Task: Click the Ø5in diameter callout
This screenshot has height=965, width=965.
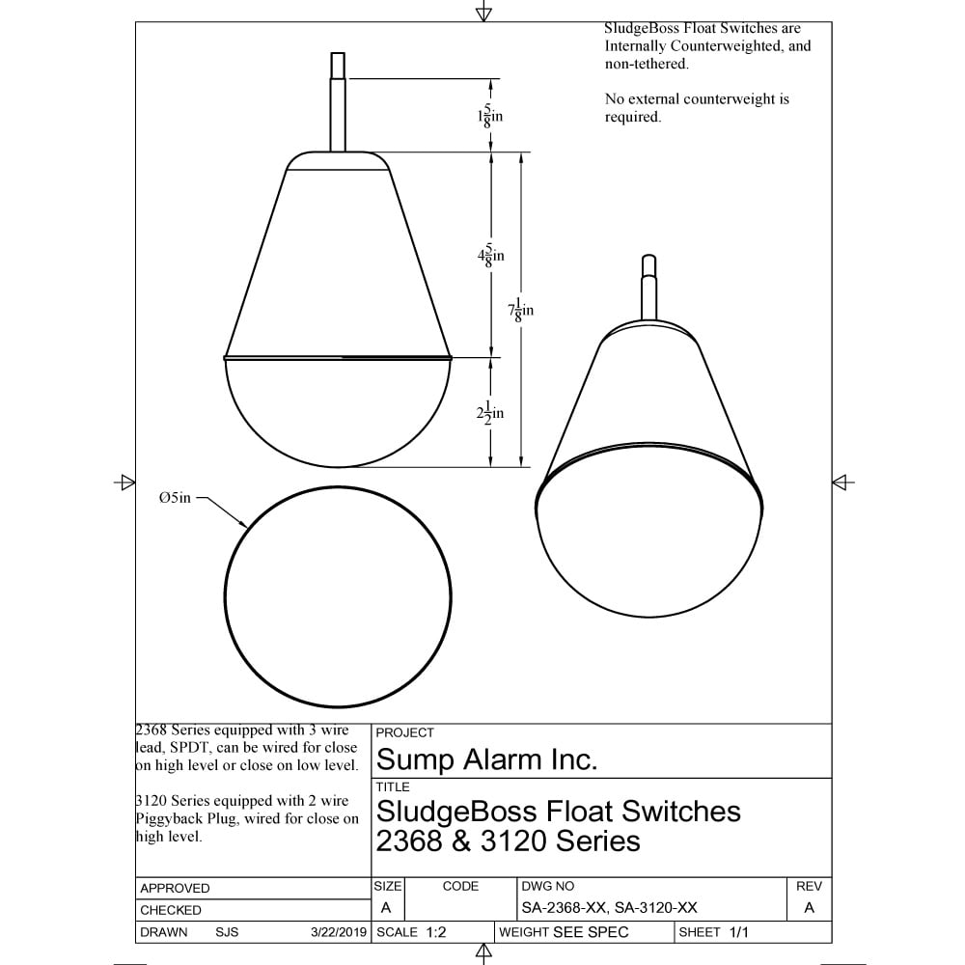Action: pyautogui.click(x=175, y=497)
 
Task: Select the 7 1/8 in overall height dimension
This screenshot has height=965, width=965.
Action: pyautogui.click(x=521, y=310)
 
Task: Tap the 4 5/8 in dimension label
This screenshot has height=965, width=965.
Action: pyautogui.click(x=490, y=255)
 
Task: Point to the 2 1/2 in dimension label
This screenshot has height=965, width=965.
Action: pyautogui.click(x=490, y=413)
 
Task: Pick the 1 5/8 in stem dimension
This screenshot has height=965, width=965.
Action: pyautogui.click(x=490, y=116)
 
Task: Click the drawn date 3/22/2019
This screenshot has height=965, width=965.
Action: pyautogui.click(x=339, y=932)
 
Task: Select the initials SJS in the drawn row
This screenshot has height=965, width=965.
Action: pyautogui.click(x=227, y=932)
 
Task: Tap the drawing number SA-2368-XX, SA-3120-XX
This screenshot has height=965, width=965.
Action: pyautogui.click(x=609, y=908)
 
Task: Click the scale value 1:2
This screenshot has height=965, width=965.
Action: pyautogui.click(x=436, y=932)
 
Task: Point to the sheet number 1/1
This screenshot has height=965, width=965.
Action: pyautogui.click(x=738, y=932)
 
